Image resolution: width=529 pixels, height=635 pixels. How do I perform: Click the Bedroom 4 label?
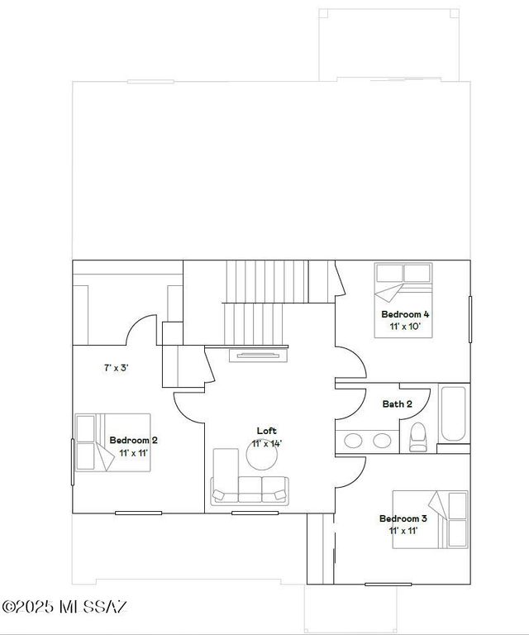tap(405, 314)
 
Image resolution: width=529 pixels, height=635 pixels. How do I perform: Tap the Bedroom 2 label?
tap(133, 440)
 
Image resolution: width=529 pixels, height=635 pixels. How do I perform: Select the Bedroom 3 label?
tap(403, 518)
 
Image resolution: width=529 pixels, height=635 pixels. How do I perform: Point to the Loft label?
tap(266, 431)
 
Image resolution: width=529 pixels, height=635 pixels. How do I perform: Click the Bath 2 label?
tap(397, 403)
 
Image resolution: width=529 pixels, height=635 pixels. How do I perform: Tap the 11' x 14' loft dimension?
tap(267, 444)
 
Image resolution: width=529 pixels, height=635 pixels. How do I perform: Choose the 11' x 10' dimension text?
tap(405, 327)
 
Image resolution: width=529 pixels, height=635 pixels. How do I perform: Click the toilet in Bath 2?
tap(417, 436)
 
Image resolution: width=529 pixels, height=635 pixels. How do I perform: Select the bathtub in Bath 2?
tap(453, 413)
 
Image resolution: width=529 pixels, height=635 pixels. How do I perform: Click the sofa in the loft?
tap(250, 489)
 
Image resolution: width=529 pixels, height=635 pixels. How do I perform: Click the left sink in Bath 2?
tap(353, 440)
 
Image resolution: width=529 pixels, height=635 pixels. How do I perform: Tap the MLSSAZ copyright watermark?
tap(64, 608)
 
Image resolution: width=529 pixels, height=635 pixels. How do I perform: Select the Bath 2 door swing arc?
tap(354, 401)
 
